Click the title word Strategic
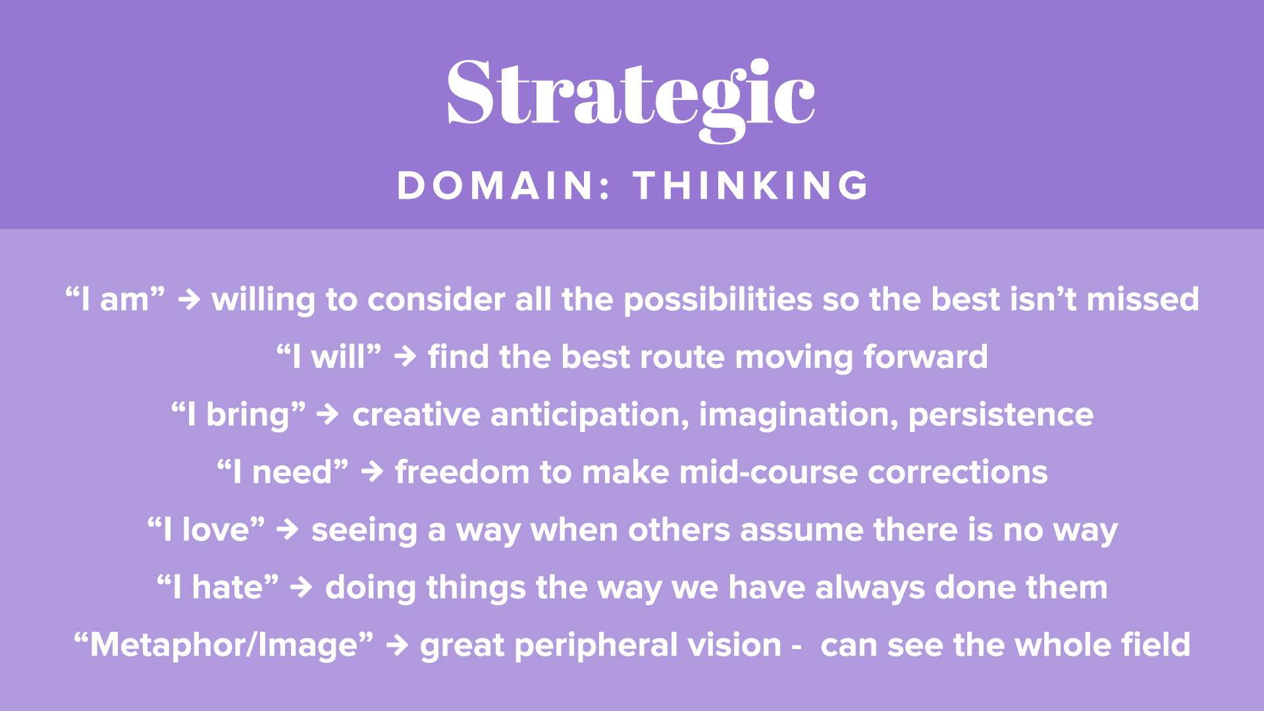point(631,99)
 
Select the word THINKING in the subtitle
point(751,186)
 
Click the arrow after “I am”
point(189,300)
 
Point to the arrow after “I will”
point(405,357)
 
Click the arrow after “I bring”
point(328,415)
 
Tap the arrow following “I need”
point(372,472)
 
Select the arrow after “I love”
point(288,529)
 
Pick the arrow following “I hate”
point(302,587)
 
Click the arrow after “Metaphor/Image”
point(398,645)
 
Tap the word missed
point(1143,300)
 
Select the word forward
point(926,357)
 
